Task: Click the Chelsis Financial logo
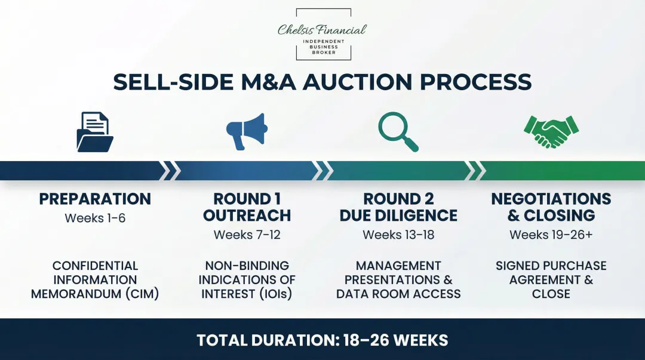coord(323,35)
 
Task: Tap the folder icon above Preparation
coord(95,132)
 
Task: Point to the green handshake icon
coord(551,132)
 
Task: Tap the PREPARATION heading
coord(95,199)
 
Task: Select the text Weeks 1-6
coord(95,218)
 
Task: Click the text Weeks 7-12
coord(247,235)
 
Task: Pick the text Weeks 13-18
coord(398,235)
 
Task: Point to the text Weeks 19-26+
coord(551,235)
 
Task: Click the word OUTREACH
coord(247,216)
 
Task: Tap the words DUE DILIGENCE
coord(398,216)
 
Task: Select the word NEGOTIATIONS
coord(551,199)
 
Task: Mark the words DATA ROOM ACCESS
coord(398,294)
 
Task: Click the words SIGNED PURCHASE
coord(551,266)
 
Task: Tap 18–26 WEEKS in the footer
coord(395,340)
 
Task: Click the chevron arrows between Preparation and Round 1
coord(171,170)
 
